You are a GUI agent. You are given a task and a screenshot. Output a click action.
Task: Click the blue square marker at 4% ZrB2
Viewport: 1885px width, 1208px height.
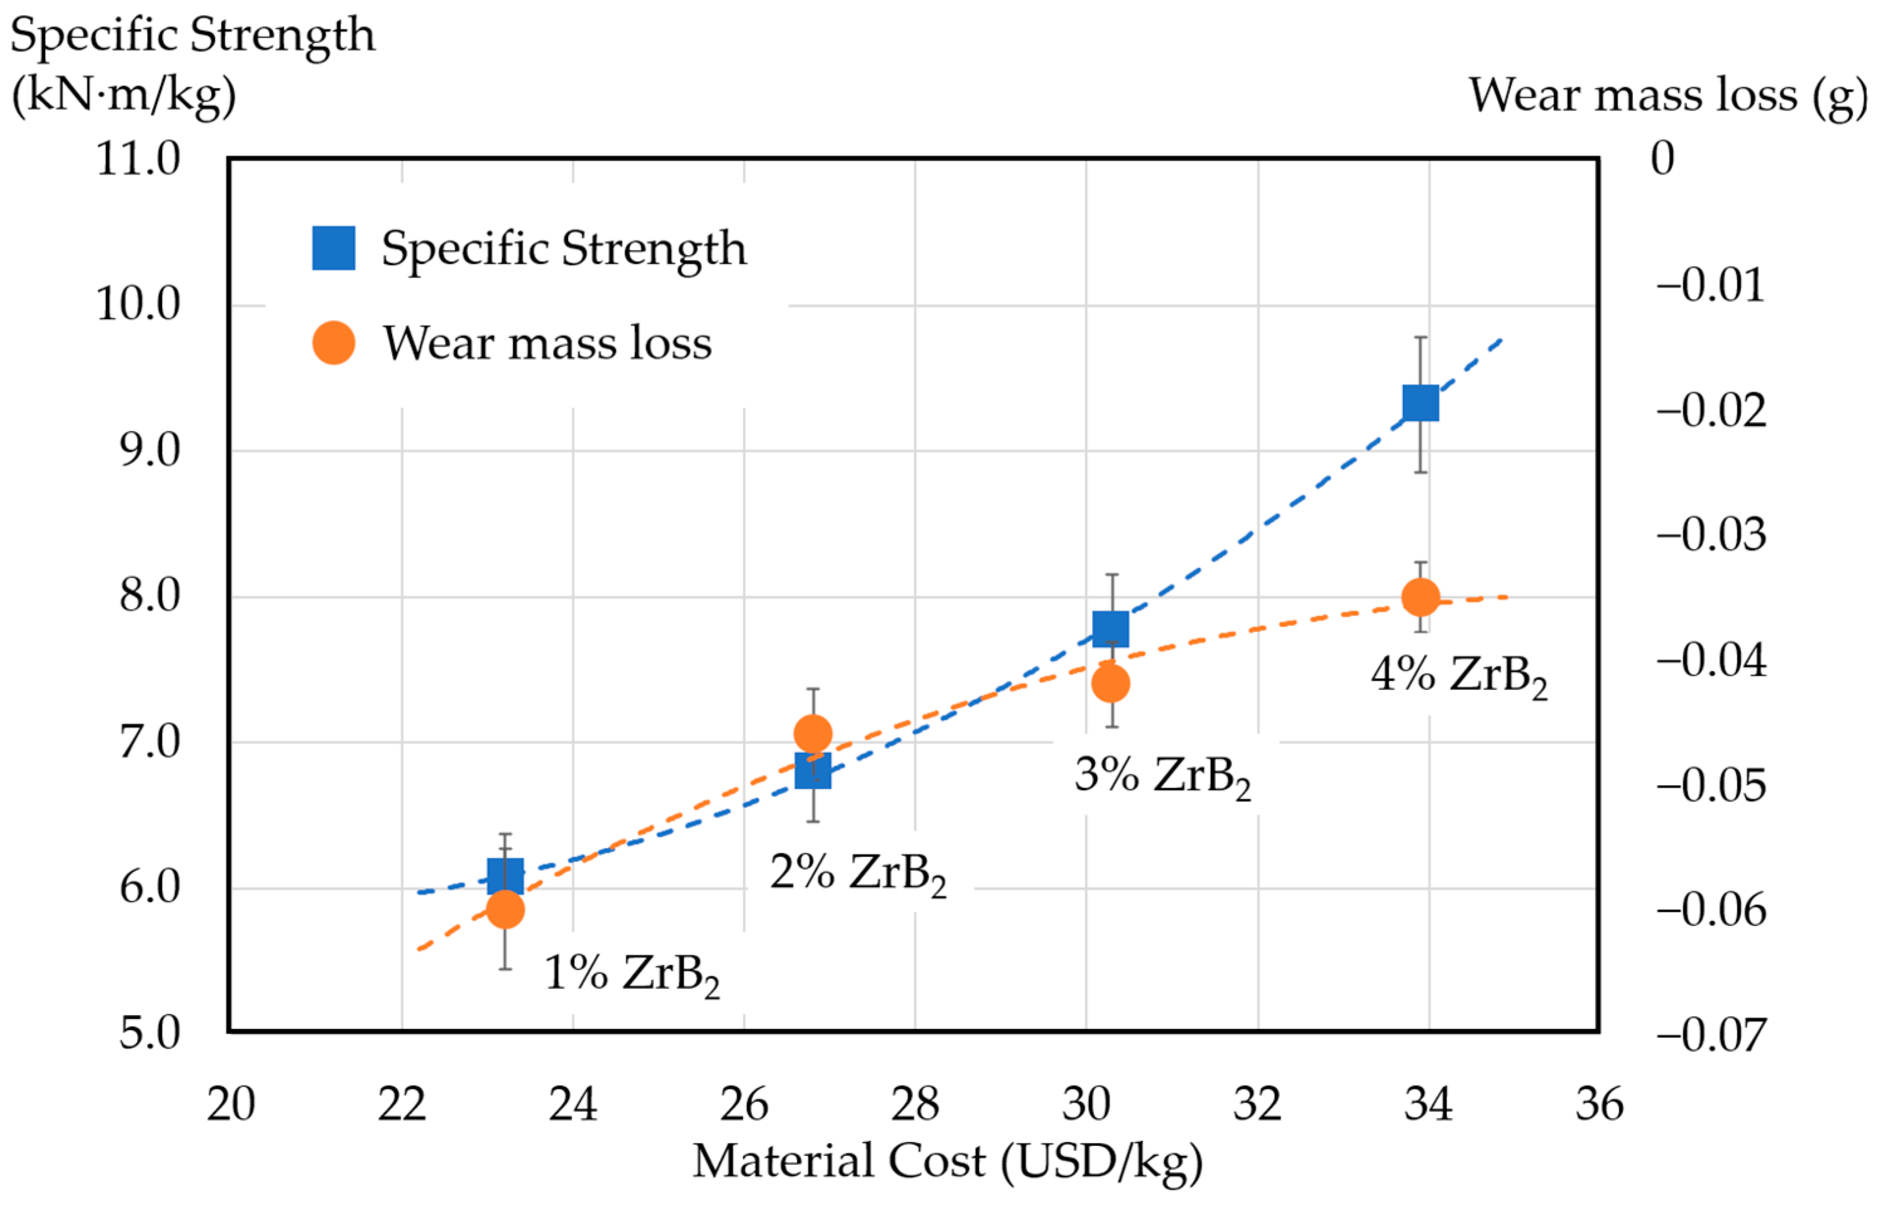pyautogui.click(x=1421, y=403)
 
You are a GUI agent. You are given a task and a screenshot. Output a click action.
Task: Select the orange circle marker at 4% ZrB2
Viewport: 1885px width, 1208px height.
pyautogui.click(x=1421, y=598)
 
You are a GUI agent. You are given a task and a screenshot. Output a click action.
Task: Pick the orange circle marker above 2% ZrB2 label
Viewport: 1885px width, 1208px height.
pyautogui.click(x=813, y=734)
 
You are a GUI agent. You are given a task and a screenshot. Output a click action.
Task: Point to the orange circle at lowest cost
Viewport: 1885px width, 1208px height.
pyautogui.click(x=505, y=910)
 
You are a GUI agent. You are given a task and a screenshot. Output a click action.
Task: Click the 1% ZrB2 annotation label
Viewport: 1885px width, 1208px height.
pyautogui.click(x=631, y=975)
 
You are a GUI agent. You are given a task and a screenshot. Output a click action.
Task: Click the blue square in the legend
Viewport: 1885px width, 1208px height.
pyautogui.click(x=334, y=248)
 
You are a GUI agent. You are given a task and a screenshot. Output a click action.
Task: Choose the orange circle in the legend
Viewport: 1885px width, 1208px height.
pyautogui.click(x=334, y=343)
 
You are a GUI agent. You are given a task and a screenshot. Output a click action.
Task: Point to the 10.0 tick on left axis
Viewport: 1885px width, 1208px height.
pyautogui.click(x=138, y=305)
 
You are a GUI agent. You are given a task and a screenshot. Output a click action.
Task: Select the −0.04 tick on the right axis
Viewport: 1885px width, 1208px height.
pyautogui.click(x=1711, y=660)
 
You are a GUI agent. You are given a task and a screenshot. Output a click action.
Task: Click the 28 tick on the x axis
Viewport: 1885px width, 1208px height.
pyautogui.click(x=915, y=1104)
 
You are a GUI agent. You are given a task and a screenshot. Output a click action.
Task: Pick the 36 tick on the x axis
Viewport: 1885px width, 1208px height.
pyautogui.click(x=1599, y=1104)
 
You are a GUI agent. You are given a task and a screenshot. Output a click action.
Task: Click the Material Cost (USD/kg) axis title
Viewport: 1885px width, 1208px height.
pyautogui.click(x=947, y=1162)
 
